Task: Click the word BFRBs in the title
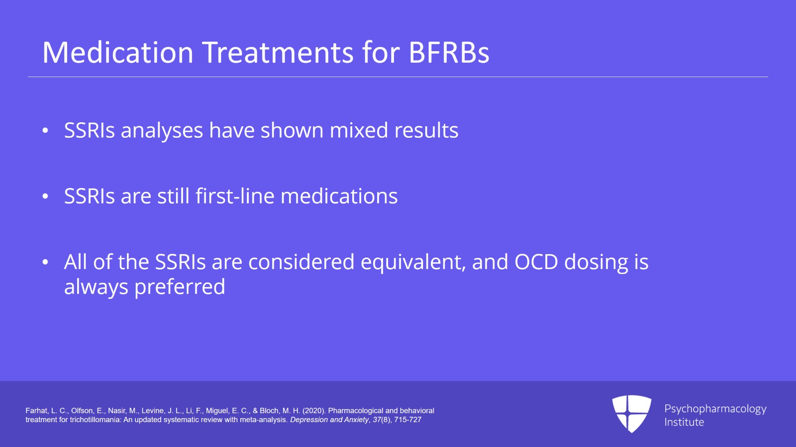pos(449,53)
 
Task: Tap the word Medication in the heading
pos(118,53)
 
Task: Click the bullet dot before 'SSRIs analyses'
pos(45,130)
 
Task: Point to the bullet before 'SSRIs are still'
pos(45,196)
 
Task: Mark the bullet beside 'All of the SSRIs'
pos(45,262)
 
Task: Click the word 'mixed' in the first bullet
pos(359,130)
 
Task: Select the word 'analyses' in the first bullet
pos(162,131)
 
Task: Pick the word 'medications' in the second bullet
pos(339,196)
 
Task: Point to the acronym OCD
pos(536,262)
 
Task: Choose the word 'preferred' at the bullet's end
pos(180,287)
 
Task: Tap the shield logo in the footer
pos(632,414)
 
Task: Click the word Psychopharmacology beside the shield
pos(715,409)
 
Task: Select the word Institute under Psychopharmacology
pos(684,422)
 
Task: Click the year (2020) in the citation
pos(314,411)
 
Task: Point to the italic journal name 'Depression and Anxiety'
pos(329,420)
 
